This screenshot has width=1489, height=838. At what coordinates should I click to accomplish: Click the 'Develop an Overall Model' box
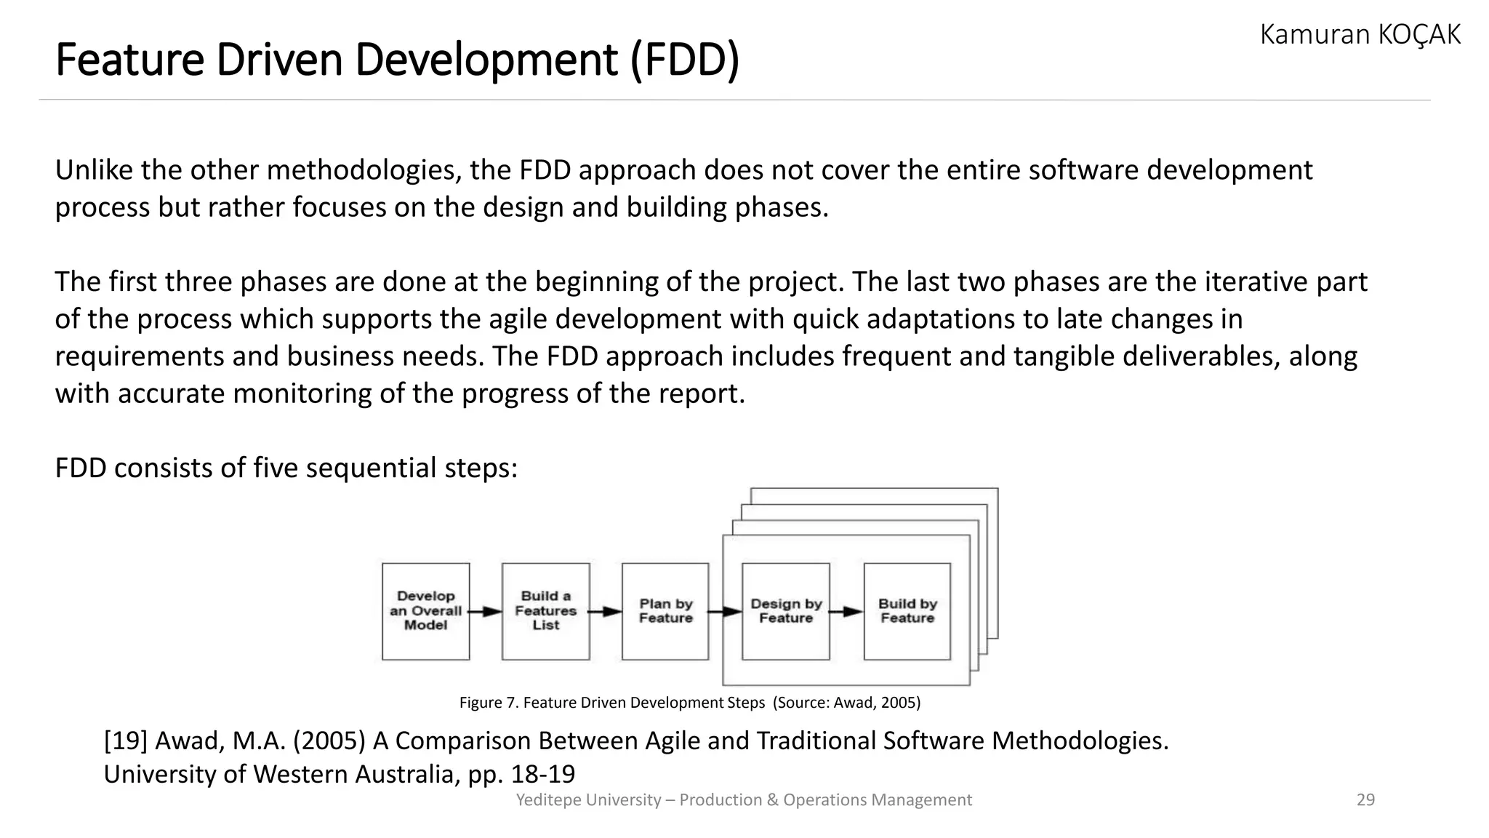click(x=425, y=611)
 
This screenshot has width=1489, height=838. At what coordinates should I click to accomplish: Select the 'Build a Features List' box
click(x=545, y=611)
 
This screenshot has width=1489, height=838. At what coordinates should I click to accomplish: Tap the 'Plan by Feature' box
click(x=665, y=611)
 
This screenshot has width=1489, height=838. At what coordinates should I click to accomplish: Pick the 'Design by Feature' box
click(x=785, y=611)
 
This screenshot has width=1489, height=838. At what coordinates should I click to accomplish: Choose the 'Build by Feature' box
click(x=907, y=611)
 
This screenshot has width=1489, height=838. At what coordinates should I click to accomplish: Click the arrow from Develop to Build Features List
click(x=485, y=612)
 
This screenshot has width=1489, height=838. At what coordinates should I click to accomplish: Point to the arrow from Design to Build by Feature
click(x=846, y=612)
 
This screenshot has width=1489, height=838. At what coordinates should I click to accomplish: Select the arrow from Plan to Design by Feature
click(x=725, y=612)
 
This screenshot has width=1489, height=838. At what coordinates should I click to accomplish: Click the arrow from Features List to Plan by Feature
click(x=605, y=612)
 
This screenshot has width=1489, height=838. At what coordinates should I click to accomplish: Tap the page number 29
click(x=1365, y=800)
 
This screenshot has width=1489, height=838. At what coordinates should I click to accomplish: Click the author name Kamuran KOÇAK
click(x=1360, y=35)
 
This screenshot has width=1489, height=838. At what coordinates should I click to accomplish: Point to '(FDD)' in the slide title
click(x=684, y=60)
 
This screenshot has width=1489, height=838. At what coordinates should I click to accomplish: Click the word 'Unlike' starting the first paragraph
click(x=94, y=170)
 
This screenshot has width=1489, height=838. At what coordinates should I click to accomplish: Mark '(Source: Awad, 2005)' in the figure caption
click(x=846, y=703)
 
